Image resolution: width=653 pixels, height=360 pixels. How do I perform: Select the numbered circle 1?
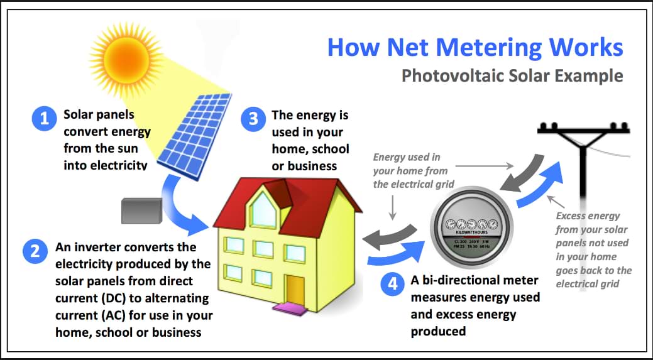44,119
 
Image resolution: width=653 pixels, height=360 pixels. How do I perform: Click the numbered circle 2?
33,251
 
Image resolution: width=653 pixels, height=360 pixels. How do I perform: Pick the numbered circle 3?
253,119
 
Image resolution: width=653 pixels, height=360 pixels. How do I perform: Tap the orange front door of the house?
295,288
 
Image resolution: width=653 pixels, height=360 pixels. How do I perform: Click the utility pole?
586,188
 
